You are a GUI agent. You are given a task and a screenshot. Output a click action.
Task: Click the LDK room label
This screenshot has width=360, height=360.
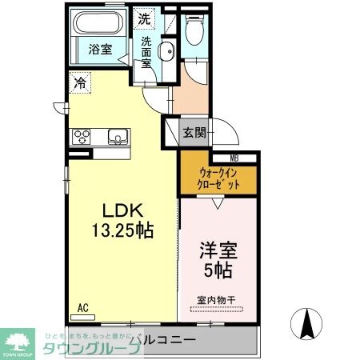coord(122,210)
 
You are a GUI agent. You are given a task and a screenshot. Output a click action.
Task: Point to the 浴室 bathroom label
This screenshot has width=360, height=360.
coord(100,49)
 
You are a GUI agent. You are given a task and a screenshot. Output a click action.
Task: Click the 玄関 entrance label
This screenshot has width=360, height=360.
coord(193,133)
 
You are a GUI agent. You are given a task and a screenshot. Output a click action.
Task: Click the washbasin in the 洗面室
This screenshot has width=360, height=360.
coord(166,52)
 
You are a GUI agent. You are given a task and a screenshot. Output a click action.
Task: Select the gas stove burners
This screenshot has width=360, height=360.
coord(82,136)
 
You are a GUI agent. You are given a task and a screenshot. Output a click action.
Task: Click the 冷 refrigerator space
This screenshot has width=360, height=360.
coord(81,82)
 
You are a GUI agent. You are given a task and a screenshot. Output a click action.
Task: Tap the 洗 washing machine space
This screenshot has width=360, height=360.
coord(144,18)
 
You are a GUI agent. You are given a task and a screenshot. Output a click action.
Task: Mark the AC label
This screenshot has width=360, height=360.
coord(83,306)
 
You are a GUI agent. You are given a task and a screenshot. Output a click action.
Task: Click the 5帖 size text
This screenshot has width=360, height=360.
coord(216,270)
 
